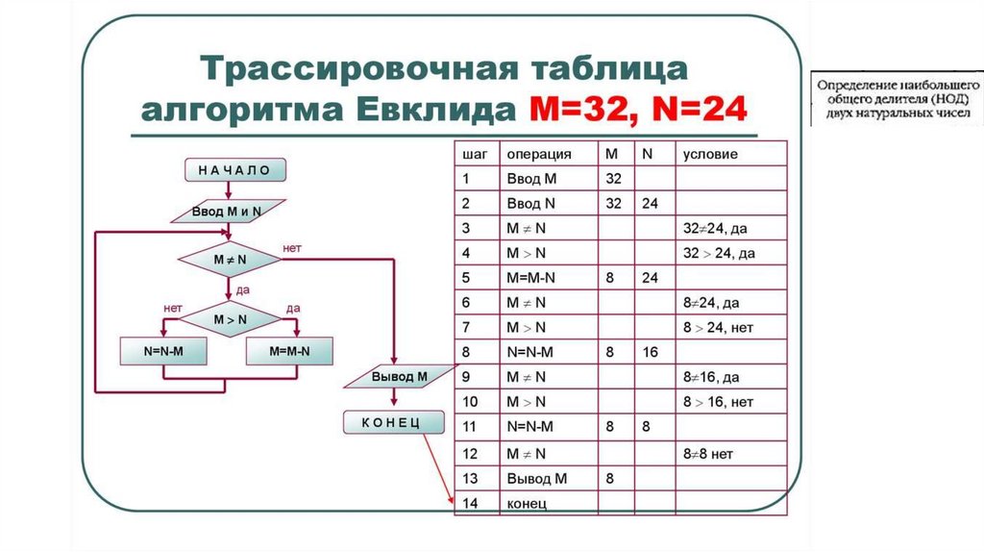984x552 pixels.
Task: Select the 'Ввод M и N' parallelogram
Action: tap(227, 212)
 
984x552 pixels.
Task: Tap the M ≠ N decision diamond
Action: tap(229, 260)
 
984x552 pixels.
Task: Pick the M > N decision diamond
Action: tap(229, 318)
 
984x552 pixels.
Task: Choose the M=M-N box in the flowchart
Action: tap(291, 352)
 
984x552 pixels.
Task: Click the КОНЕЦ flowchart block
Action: tap(395, 424)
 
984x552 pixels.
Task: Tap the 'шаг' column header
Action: tap(474, 154)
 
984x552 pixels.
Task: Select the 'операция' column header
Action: tap(539, 154)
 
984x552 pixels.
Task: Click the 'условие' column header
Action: tap(710, 154)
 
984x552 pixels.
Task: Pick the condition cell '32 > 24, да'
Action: tap(718, 253)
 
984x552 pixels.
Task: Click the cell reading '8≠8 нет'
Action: tap(712, 453)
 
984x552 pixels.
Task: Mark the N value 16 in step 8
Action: tap(650, 353)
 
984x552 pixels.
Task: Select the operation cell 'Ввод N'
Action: tap(530, 203)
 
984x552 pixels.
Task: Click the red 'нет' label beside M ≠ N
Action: tap(292, 248)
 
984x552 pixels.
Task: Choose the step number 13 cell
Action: tap(470, 478)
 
